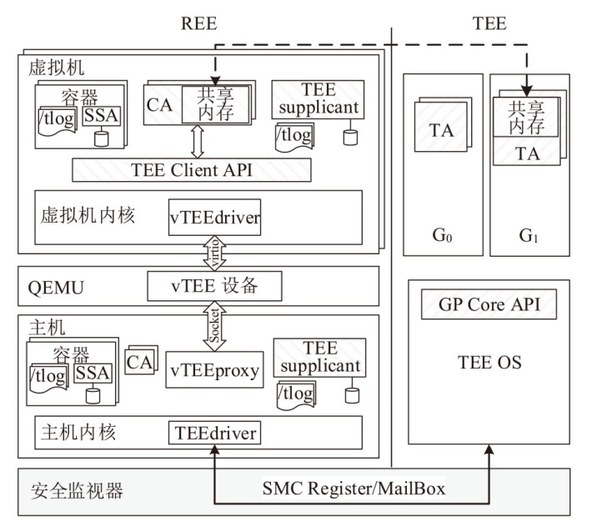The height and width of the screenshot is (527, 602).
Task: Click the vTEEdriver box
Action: point(215,219)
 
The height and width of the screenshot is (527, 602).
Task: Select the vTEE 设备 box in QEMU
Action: point(213,287)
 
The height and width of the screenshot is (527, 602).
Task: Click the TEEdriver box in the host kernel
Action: point(214,433)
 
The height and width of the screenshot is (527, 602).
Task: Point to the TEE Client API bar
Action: point(192,169)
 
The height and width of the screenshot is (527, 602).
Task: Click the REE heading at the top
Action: point(199,23)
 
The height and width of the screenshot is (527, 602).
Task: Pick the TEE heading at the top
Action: point(489,23)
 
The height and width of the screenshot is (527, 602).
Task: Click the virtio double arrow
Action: point(213,251)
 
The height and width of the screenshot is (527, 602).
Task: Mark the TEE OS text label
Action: point(489,362)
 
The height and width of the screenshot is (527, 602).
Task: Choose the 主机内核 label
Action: point(78,432)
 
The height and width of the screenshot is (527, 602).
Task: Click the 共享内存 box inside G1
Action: point(526,117)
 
